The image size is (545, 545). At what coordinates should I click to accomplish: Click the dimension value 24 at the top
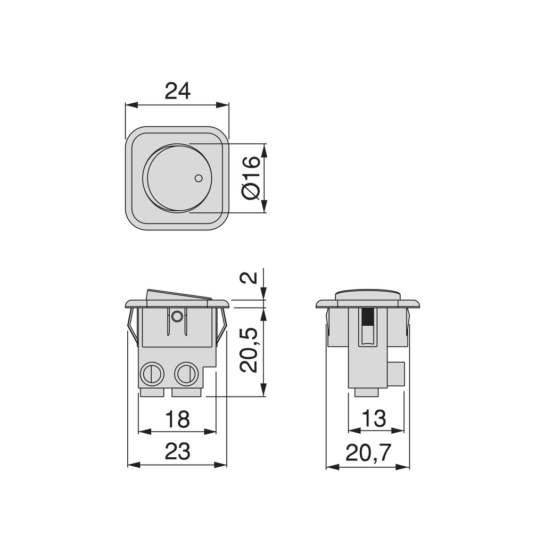pyautogui.click(x=177, y=91)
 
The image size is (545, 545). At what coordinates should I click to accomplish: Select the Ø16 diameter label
pyautogui.click(x=252, y=178)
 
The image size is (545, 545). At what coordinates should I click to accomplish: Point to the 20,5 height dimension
pyautogui.click(x=250, y=349)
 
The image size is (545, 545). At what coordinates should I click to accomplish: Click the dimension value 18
pyautogui.click(x=177, y=419)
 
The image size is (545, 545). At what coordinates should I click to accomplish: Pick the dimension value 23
pyautogui.click(x=177, y=452)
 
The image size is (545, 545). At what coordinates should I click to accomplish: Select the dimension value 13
pyautogui.click(x=376, y=419)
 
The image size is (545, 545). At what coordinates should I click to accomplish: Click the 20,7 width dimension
pyautogui.click(x=368, y=453)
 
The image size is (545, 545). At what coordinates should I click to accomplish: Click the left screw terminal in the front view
pyautogui.click(x=151, y=374)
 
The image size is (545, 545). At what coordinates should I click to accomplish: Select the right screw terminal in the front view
pyautogui.click(x=186, y=374)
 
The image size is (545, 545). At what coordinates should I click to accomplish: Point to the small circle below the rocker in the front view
pyautogui.click(x=177, y=317)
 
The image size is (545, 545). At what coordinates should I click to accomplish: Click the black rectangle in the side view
pyautogui.click(x=367, y=317)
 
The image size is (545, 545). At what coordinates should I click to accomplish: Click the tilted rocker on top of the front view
pyautogui.click(x=178, y=295)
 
